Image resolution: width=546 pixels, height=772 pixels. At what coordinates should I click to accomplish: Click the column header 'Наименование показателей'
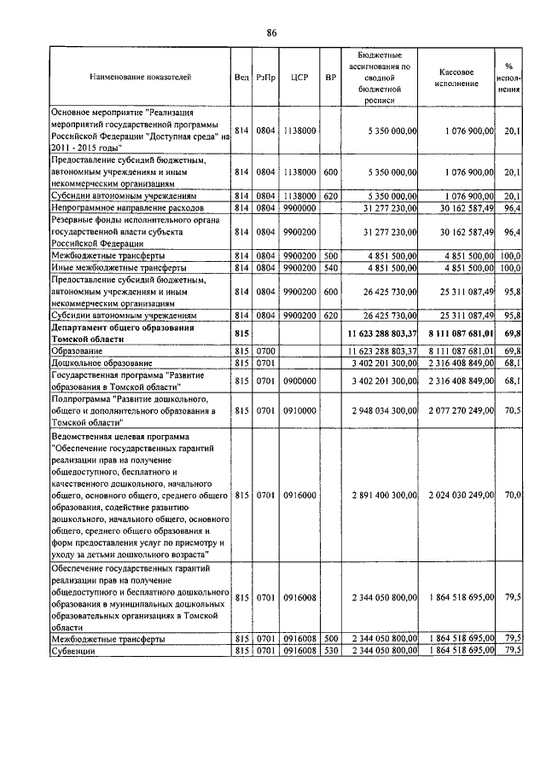pyautogui.click(x=140, y=77)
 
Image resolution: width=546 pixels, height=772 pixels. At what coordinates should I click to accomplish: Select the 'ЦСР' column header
pyautogui.click(x=299, y=77)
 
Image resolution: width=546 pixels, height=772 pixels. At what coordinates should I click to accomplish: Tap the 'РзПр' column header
pyautogui.click(x=264, y=77)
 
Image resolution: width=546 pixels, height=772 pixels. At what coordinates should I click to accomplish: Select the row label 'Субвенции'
pyautogui.click(x=73, y=652)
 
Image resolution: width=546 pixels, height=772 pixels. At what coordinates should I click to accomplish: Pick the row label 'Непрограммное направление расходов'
pyautogui.click(x=127, y=207)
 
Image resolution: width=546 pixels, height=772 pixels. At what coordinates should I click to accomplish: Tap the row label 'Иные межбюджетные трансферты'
pyautogui.click(x=119, y=268)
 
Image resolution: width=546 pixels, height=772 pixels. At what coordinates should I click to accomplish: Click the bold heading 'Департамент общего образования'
pyautogui.click(x=123, y=328)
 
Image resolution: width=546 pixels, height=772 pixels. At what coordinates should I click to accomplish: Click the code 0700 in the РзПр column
pyautogui.click(x=264, y=351)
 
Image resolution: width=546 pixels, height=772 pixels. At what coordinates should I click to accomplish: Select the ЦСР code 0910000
pyautogui.click(x=299, y=410)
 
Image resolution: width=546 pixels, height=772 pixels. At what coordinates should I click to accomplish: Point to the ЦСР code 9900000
pyautogui.click(x=299, y=207)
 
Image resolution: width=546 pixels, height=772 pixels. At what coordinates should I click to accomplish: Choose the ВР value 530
pyautogui.click(x=331, y=652)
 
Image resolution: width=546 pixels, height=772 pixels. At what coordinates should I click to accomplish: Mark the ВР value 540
pyautogui.click(x=331, y=268)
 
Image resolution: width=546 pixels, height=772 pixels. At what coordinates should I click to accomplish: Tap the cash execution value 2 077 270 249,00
pyautogui.click(x=462, y=410)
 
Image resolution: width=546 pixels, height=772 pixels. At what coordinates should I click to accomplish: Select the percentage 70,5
pyautogui.click(x=513, y=410)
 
